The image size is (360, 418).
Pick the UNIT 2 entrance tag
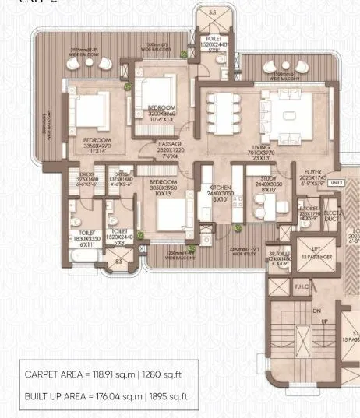(337, 183)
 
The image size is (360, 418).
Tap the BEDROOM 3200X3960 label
(161, 110)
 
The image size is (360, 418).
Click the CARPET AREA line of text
(108, 374)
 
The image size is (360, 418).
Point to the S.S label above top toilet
(212, 12)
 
